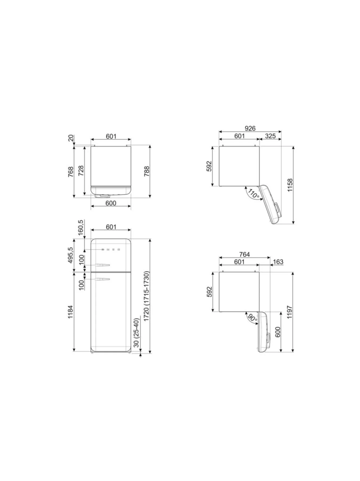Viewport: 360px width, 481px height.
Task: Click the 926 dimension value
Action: tap(250, 128)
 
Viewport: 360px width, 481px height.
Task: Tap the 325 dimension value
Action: tap(270, 136)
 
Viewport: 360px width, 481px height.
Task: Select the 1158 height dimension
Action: tap(290, 185)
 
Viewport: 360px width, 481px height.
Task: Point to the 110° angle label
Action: tap(253, 194)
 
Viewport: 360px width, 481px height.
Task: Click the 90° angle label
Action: tap(252, 318)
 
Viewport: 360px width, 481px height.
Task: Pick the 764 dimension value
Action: tap(244, 254)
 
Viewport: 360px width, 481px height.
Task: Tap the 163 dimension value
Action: tap(278, 262)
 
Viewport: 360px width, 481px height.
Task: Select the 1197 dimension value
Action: tap(290, 312)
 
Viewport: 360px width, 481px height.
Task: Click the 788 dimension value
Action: tap(147, 171)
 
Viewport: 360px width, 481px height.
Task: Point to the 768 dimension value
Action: tap(71, 172)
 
